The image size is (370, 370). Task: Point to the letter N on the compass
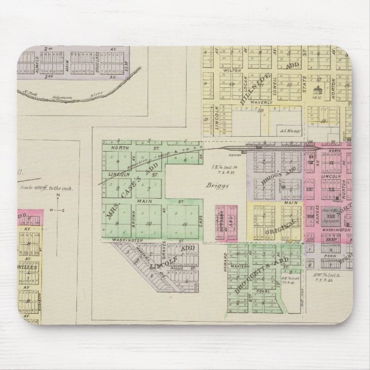[x=58, y=195]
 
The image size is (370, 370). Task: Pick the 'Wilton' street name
[x=232, y=73]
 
